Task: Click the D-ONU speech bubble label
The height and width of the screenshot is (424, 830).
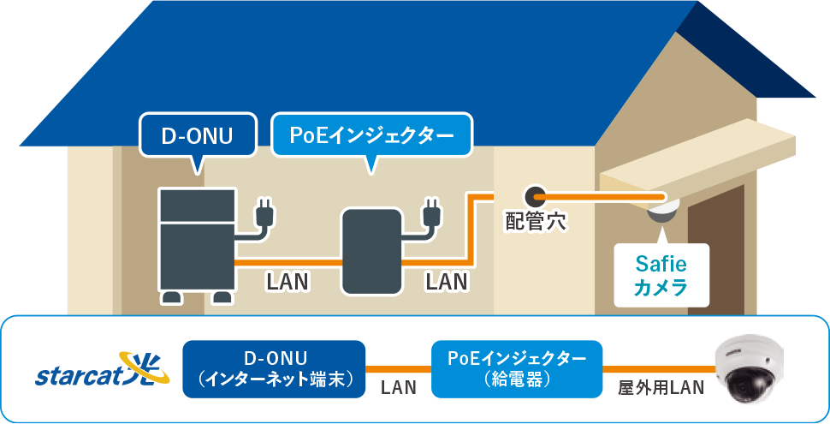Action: point(197,135)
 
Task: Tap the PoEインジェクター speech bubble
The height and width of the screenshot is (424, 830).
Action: point(371,135)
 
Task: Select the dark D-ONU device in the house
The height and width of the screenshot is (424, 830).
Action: point(198,239)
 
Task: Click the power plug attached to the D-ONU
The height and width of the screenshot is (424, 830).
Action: point(264,214)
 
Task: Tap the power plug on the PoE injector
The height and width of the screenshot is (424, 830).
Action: point(431,214)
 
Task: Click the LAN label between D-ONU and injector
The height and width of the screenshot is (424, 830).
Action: point(288,281)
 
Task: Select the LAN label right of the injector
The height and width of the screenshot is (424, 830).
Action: point(446,281)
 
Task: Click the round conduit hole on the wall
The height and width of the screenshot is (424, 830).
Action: point(536,196)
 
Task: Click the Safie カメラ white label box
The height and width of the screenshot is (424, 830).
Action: point(661,275)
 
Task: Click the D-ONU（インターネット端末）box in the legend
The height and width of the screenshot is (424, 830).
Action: point(274,369)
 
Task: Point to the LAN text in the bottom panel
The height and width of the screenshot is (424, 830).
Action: point(398,388)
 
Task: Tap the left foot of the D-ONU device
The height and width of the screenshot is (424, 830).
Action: point(172,297)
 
